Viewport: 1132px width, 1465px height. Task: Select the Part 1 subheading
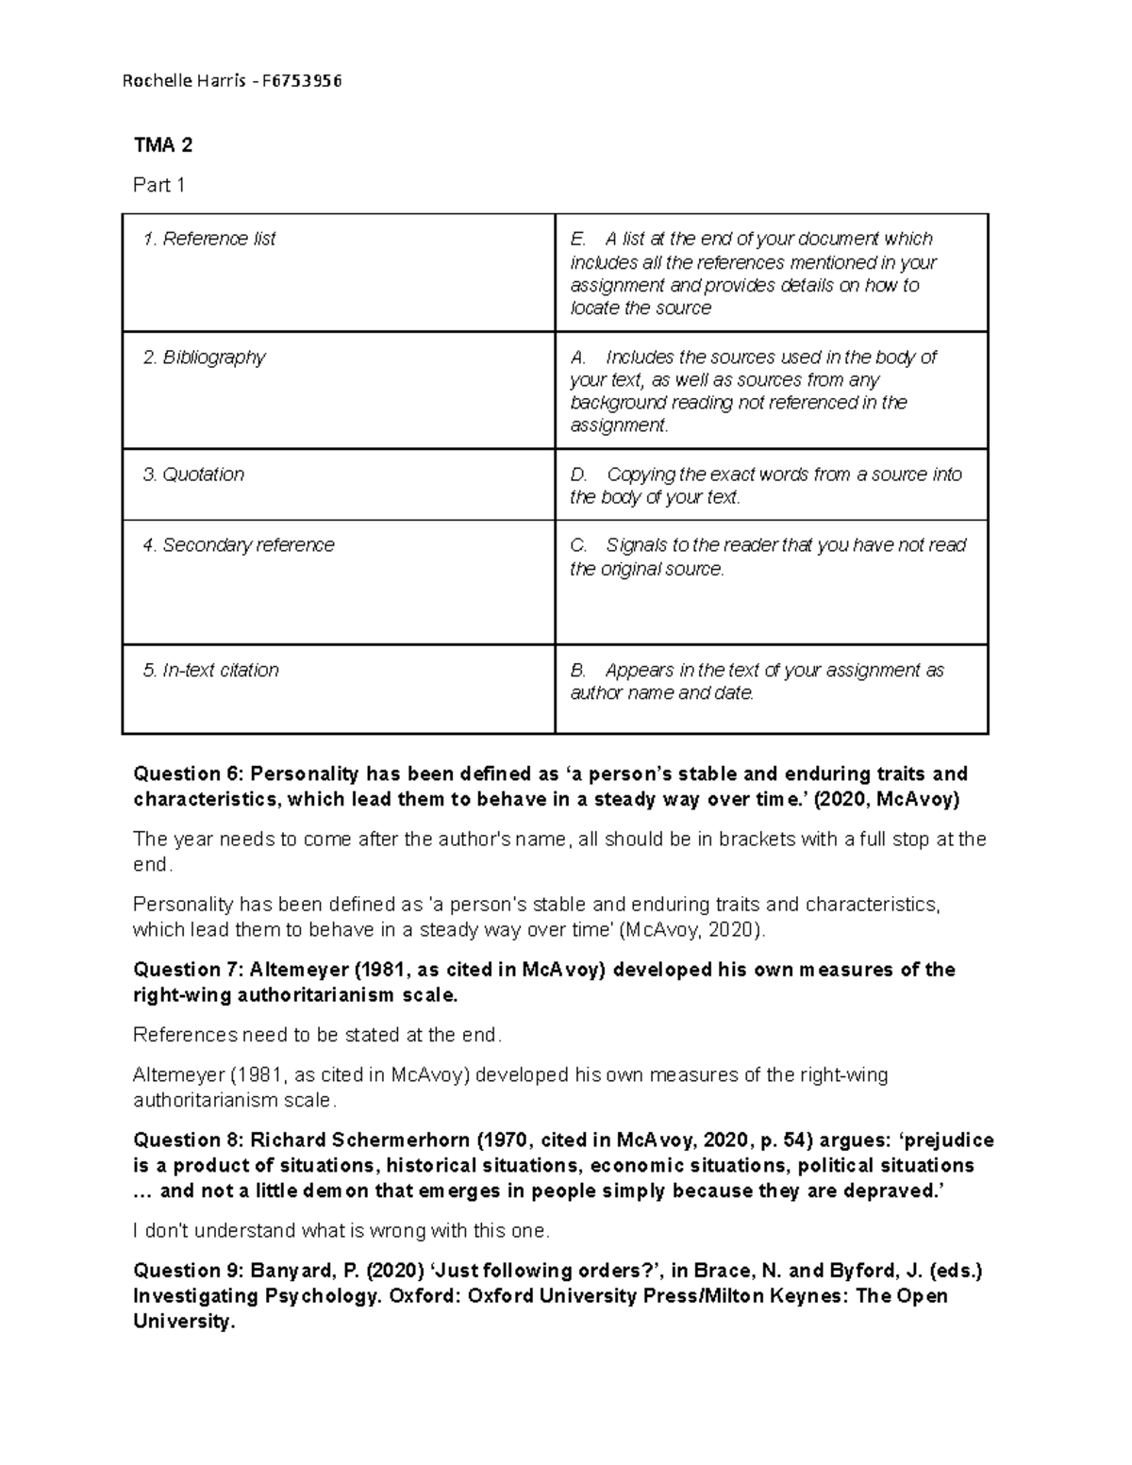(x=158, y=186)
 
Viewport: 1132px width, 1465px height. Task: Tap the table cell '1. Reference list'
(x=209, y=240)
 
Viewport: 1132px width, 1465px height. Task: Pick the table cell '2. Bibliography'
(x=205, y=358)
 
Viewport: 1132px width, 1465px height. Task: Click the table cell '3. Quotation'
(x=193, y=474)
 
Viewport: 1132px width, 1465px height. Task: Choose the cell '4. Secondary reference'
(x=239, y=545)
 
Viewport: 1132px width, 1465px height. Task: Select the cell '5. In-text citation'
(x=211, y=671)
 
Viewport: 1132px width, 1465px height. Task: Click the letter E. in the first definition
(x=578, y=240)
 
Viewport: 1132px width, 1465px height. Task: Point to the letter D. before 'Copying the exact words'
(x=578, y=474)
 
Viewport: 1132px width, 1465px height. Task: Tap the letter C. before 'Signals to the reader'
(x=578, y=545)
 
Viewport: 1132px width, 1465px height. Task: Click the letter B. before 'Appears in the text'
(x=578, y=671)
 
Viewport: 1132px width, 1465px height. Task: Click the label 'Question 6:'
(x=189, y=774)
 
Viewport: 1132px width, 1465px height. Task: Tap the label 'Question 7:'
(x=189, y=970)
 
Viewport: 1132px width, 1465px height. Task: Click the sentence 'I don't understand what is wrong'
(x=341, y=1231)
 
